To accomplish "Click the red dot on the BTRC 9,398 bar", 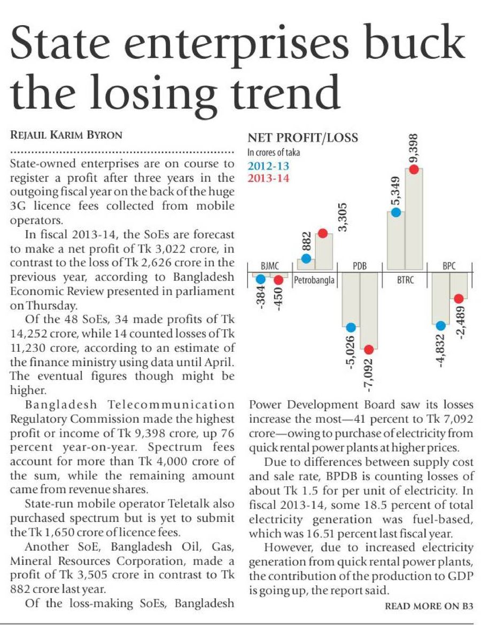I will tap(414, 169).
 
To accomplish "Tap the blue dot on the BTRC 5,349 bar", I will tap(396, 212).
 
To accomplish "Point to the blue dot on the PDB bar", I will tap(351, 327).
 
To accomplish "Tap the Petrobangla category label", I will tap(315, 279).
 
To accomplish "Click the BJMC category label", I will tap(269, 266).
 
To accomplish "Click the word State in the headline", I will tap(69, 46).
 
